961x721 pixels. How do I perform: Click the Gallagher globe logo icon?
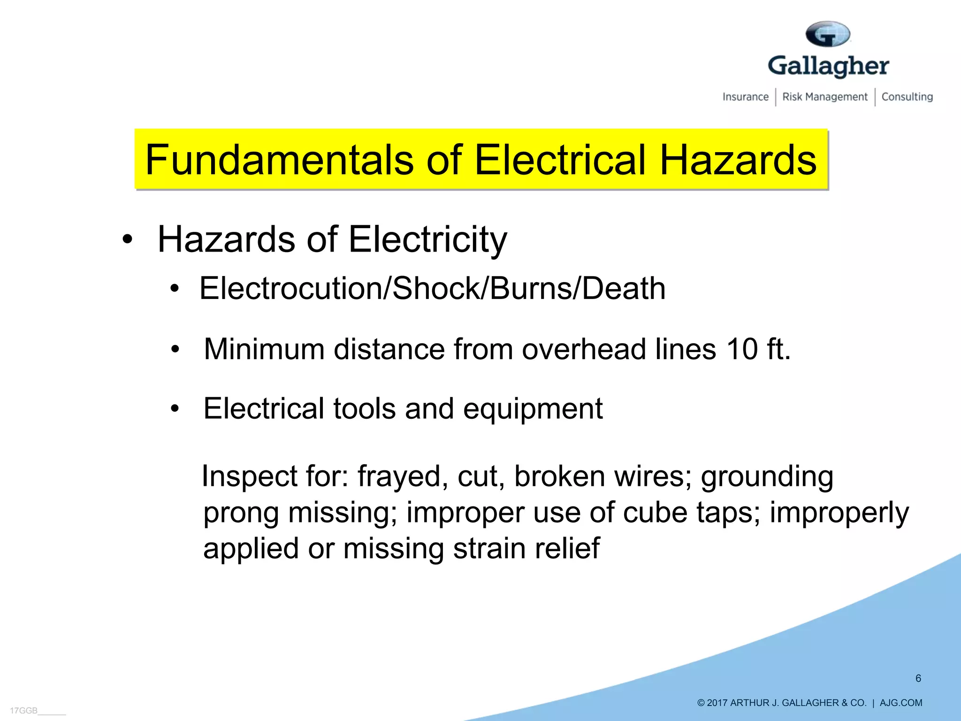pos(828,34)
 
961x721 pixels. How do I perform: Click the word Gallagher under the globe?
pos(828,66)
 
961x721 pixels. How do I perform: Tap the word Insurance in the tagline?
pos(745,97)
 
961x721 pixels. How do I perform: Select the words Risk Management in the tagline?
pos(825,97)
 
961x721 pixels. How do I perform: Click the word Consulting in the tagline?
pos(907,97)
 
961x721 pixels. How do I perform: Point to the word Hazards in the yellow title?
pos(738,160)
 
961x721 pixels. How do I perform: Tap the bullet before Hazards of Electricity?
pos(127,239)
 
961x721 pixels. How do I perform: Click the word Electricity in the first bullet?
pos(427,239)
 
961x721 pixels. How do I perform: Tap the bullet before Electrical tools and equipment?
pos(175,408)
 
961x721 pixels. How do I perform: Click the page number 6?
pos(918,678)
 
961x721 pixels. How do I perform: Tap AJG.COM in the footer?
pos(900,703)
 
